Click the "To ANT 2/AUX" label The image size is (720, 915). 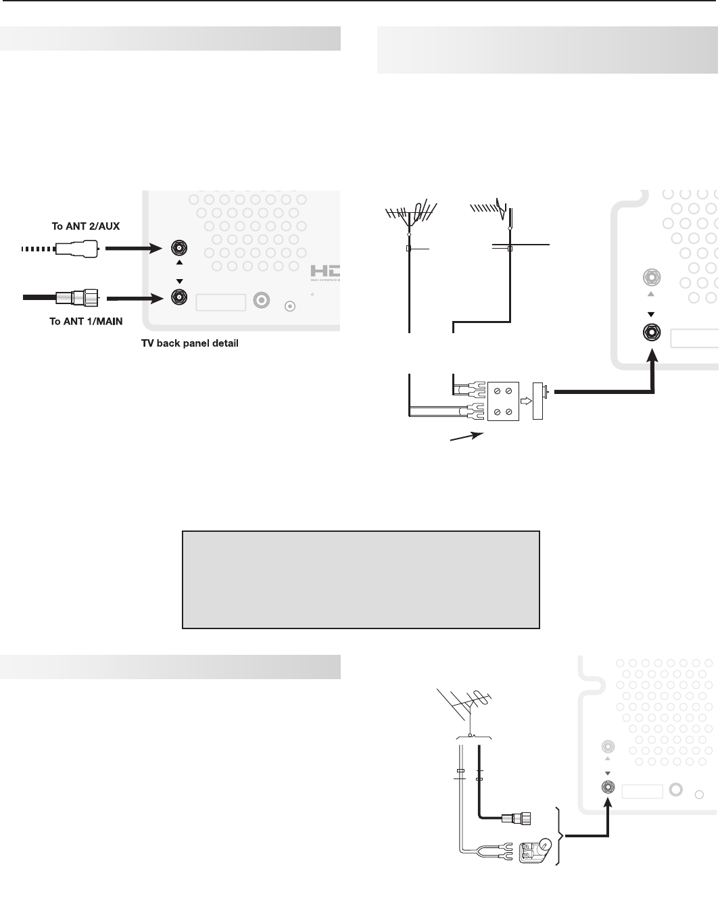pyautogui.click(x=86, y=226)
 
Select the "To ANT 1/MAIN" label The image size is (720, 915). pyautogui.click(x=86, y=321)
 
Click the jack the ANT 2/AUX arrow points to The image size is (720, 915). pyautogui.click(x=179, y=247)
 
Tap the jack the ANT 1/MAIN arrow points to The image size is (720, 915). pyautogui.click(x=179, y=297)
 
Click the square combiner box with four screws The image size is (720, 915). pyautogui.click(x=502, y=402)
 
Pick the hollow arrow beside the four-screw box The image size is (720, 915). pyautogui.click(x=525, y=400)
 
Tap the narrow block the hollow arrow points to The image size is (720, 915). pyautogui.click(x=539, y=401)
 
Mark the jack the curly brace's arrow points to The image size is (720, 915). pyautogui.click(x=608, y=787)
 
